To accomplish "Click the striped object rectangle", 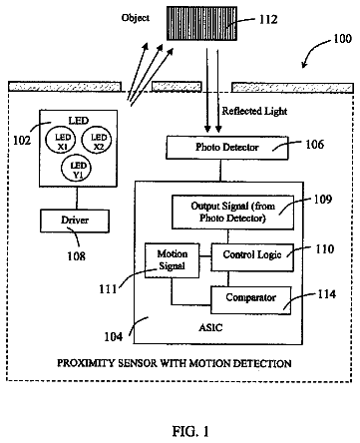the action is click(x=201, y=23).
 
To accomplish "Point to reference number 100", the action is click(x=342, y=39).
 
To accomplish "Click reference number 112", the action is click(x=268, y=19).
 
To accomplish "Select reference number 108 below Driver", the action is click(x=76, y=256).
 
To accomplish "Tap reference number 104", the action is click(x=114, y=337).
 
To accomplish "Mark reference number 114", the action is click(x=327, y=294).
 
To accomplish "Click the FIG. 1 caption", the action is click(x=190, y=431).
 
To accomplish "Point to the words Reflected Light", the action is click(x=254, y=111).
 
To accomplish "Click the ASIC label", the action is click(x=210, y=328).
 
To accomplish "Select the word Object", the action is click(x=136, y=18).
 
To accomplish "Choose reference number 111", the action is click(x=108, y=288).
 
